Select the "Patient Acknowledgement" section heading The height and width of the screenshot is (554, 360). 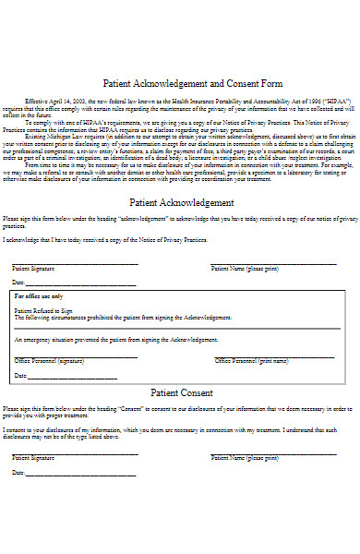(181, 202)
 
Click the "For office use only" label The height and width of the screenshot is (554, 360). (39, 296)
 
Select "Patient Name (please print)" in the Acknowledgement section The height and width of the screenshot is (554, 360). (244, 268)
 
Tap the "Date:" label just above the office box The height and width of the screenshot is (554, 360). (18, 282)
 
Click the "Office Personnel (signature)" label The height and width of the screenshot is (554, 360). (49, 361)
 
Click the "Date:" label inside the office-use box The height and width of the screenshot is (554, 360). (21, 376)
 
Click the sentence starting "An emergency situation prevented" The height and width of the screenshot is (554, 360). (102, 340)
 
